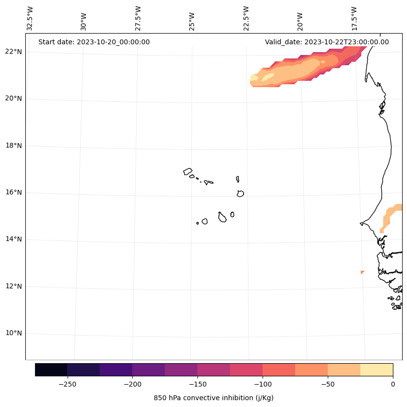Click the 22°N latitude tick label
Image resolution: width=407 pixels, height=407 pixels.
click(x=12, y=52)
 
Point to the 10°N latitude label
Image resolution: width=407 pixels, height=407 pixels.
click(x=12, y=333)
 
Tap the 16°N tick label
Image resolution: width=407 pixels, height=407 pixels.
click(x=12, y=193)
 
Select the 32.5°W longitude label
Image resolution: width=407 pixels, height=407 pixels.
click(x=30, y=18)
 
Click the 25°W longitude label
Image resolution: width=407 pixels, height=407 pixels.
click(x=192, y=18)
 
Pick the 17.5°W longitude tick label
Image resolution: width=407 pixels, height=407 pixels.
click(x=354, y=18)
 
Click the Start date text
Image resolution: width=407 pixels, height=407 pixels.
click(x=94, y=42)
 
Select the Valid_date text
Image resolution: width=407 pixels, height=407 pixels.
click(x=327, y=42)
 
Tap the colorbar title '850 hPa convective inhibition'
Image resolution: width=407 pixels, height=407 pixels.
click(x=213, y=398)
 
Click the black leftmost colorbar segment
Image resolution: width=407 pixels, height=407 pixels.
click(x=51, y=370)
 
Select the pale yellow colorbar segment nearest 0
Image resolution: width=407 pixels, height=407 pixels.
click(x=376, y=370)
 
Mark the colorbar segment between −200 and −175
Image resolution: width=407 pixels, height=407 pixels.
click(x=148, y=370)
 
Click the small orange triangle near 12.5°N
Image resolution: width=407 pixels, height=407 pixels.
click(x=362, y=272)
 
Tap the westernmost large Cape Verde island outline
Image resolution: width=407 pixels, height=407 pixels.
click(x=188, y=171)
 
